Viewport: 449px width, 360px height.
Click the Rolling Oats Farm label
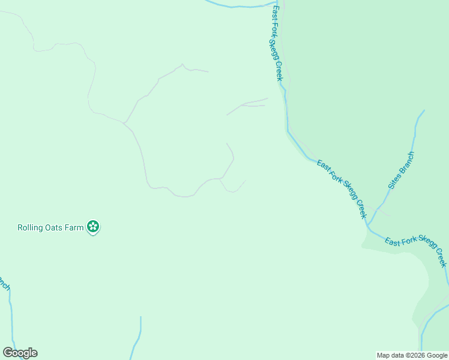(50, 227)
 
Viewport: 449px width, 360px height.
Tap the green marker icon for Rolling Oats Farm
(93, 227)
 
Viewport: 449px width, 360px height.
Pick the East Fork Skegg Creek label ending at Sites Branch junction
(341, 189)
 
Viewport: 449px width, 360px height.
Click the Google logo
(20, 353)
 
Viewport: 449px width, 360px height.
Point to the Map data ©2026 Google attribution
(412, 355)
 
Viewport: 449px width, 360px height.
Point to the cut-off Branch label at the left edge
(4, 283)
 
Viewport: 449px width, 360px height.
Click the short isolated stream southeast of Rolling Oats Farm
(138, 337)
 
